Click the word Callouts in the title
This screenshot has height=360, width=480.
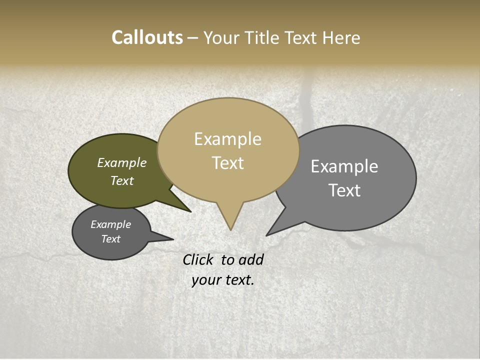click(147, 37)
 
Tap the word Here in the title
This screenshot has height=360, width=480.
click(341, 37)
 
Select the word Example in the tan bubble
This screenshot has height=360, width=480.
click(228, 139)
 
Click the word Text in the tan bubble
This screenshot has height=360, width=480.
click(228, 163)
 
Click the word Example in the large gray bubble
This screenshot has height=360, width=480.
click(344, 166)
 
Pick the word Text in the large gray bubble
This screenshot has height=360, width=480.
click(344, 190)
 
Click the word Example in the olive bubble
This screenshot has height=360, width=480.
click(122, 162)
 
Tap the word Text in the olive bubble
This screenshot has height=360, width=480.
click(122, 180)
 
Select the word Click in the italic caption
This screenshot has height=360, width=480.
click(199, 259)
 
